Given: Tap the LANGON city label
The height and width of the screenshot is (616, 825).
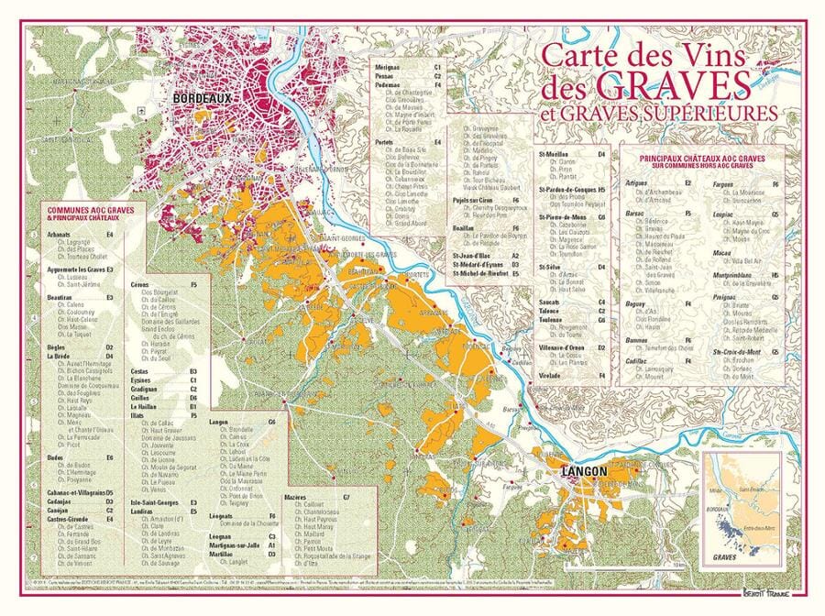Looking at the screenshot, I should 579,472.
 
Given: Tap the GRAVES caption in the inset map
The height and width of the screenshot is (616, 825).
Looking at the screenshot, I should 725,556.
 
